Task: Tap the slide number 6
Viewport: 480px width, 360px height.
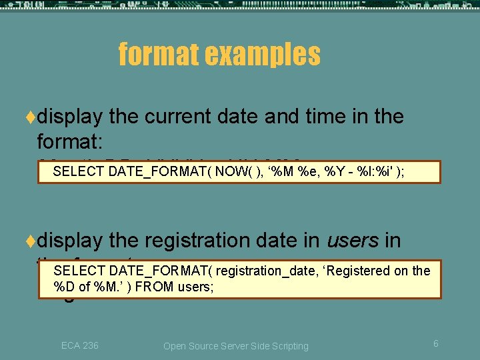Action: [x=435, y=343]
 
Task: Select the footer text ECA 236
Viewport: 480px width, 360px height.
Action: [x=79, y=345]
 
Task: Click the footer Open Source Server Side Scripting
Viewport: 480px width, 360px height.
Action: [x=236, y=346]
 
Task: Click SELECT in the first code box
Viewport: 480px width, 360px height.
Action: [x=78, y=171]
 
